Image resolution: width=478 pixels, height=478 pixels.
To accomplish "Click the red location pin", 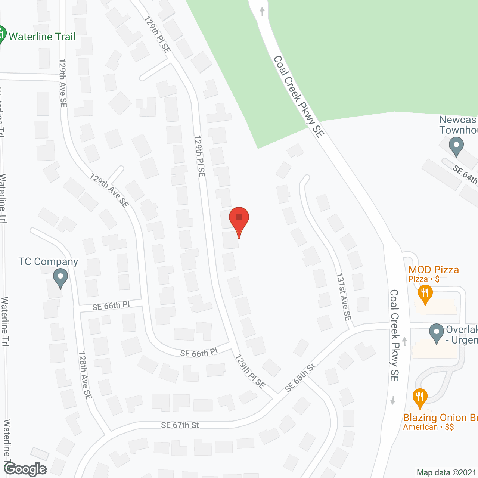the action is [239, 220].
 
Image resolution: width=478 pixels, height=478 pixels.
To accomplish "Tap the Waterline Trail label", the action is [42, 37].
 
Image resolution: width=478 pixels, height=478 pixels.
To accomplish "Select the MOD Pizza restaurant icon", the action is [425, 294].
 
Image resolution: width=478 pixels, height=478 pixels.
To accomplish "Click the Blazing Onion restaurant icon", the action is [420, 398].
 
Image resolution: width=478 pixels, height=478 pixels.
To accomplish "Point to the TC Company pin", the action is [60, 279].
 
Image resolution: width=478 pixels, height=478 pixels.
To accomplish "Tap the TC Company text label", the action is [48, 261].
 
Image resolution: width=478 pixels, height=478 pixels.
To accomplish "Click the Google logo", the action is [25, 469].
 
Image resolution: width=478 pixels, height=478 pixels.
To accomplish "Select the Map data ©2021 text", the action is [446, 473].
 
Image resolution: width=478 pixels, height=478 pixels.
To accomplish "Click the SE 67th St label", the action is [180, 425].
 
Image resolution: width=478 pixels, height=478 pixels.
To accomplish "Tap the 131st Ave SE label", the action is [344, 297].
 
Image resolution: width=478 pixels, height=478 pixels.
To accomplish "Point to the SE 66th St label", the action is [300, 378].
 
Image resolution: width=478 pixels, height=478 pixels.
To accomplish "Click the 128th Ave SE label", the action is [85, 375].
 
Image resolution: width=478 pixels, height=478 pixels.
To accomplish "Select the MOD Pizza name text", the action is [434, 270].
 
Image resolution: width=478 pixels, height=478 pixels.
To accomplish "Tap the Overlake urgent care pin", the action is [436, 333].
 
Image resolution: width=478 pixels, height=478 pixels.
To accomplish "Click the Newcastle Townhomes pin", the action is [456, 146].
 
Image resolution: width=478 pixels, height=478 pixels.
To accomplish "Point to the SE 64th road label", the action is [465, 174].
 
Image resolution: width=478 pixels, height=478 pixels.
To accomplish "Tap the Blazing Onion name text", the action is [440, 418].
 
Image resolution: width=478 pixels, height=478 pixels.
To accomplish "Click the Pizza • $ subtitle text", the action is [423, 279].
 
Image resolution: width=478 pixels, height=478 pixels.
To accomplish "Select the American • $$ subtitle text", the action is [428, 427].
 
